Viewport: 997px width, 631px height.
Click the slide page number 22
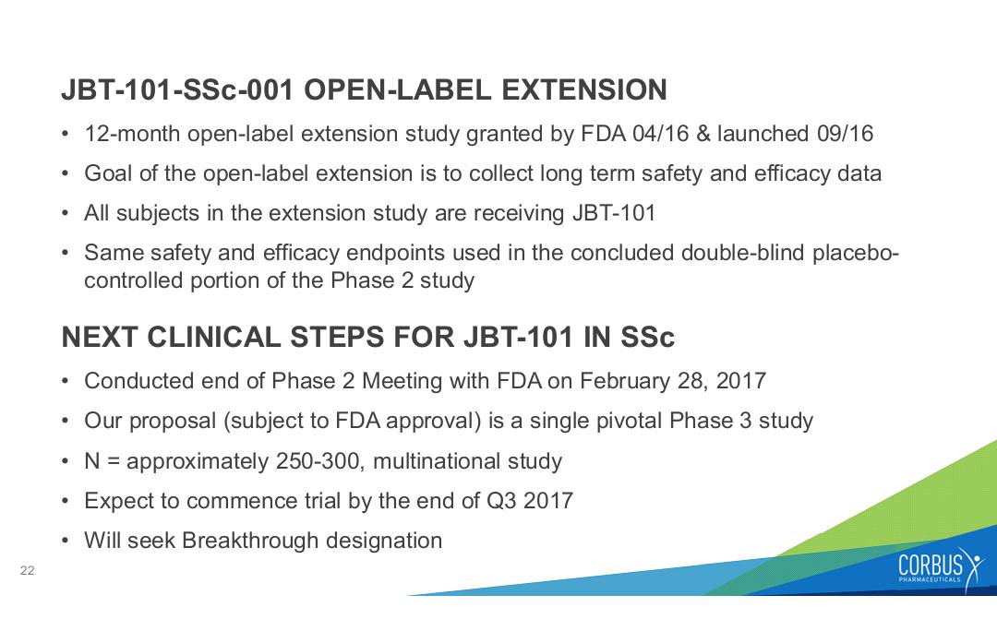pyautogui.click(x=28, y=571)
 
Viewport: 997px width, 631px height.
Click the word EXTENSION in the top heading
pyautogui.click(x=584, y=89)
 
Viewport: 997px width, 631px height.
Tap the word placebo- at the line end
pyautogui.click(x=855, y=253)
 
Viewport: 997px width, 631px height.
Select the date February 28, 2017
pyautogui.click(x=673, y=381)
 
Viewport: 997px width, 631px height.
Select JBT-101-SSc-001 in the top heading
pyautogui.click(x=177, y=89)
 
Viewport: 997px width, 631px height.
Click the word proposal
pyautogui.click(x=173, y=422)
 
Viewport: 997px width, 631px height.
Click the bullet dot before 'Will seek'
pyautogui.click(x=66, y=541)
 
